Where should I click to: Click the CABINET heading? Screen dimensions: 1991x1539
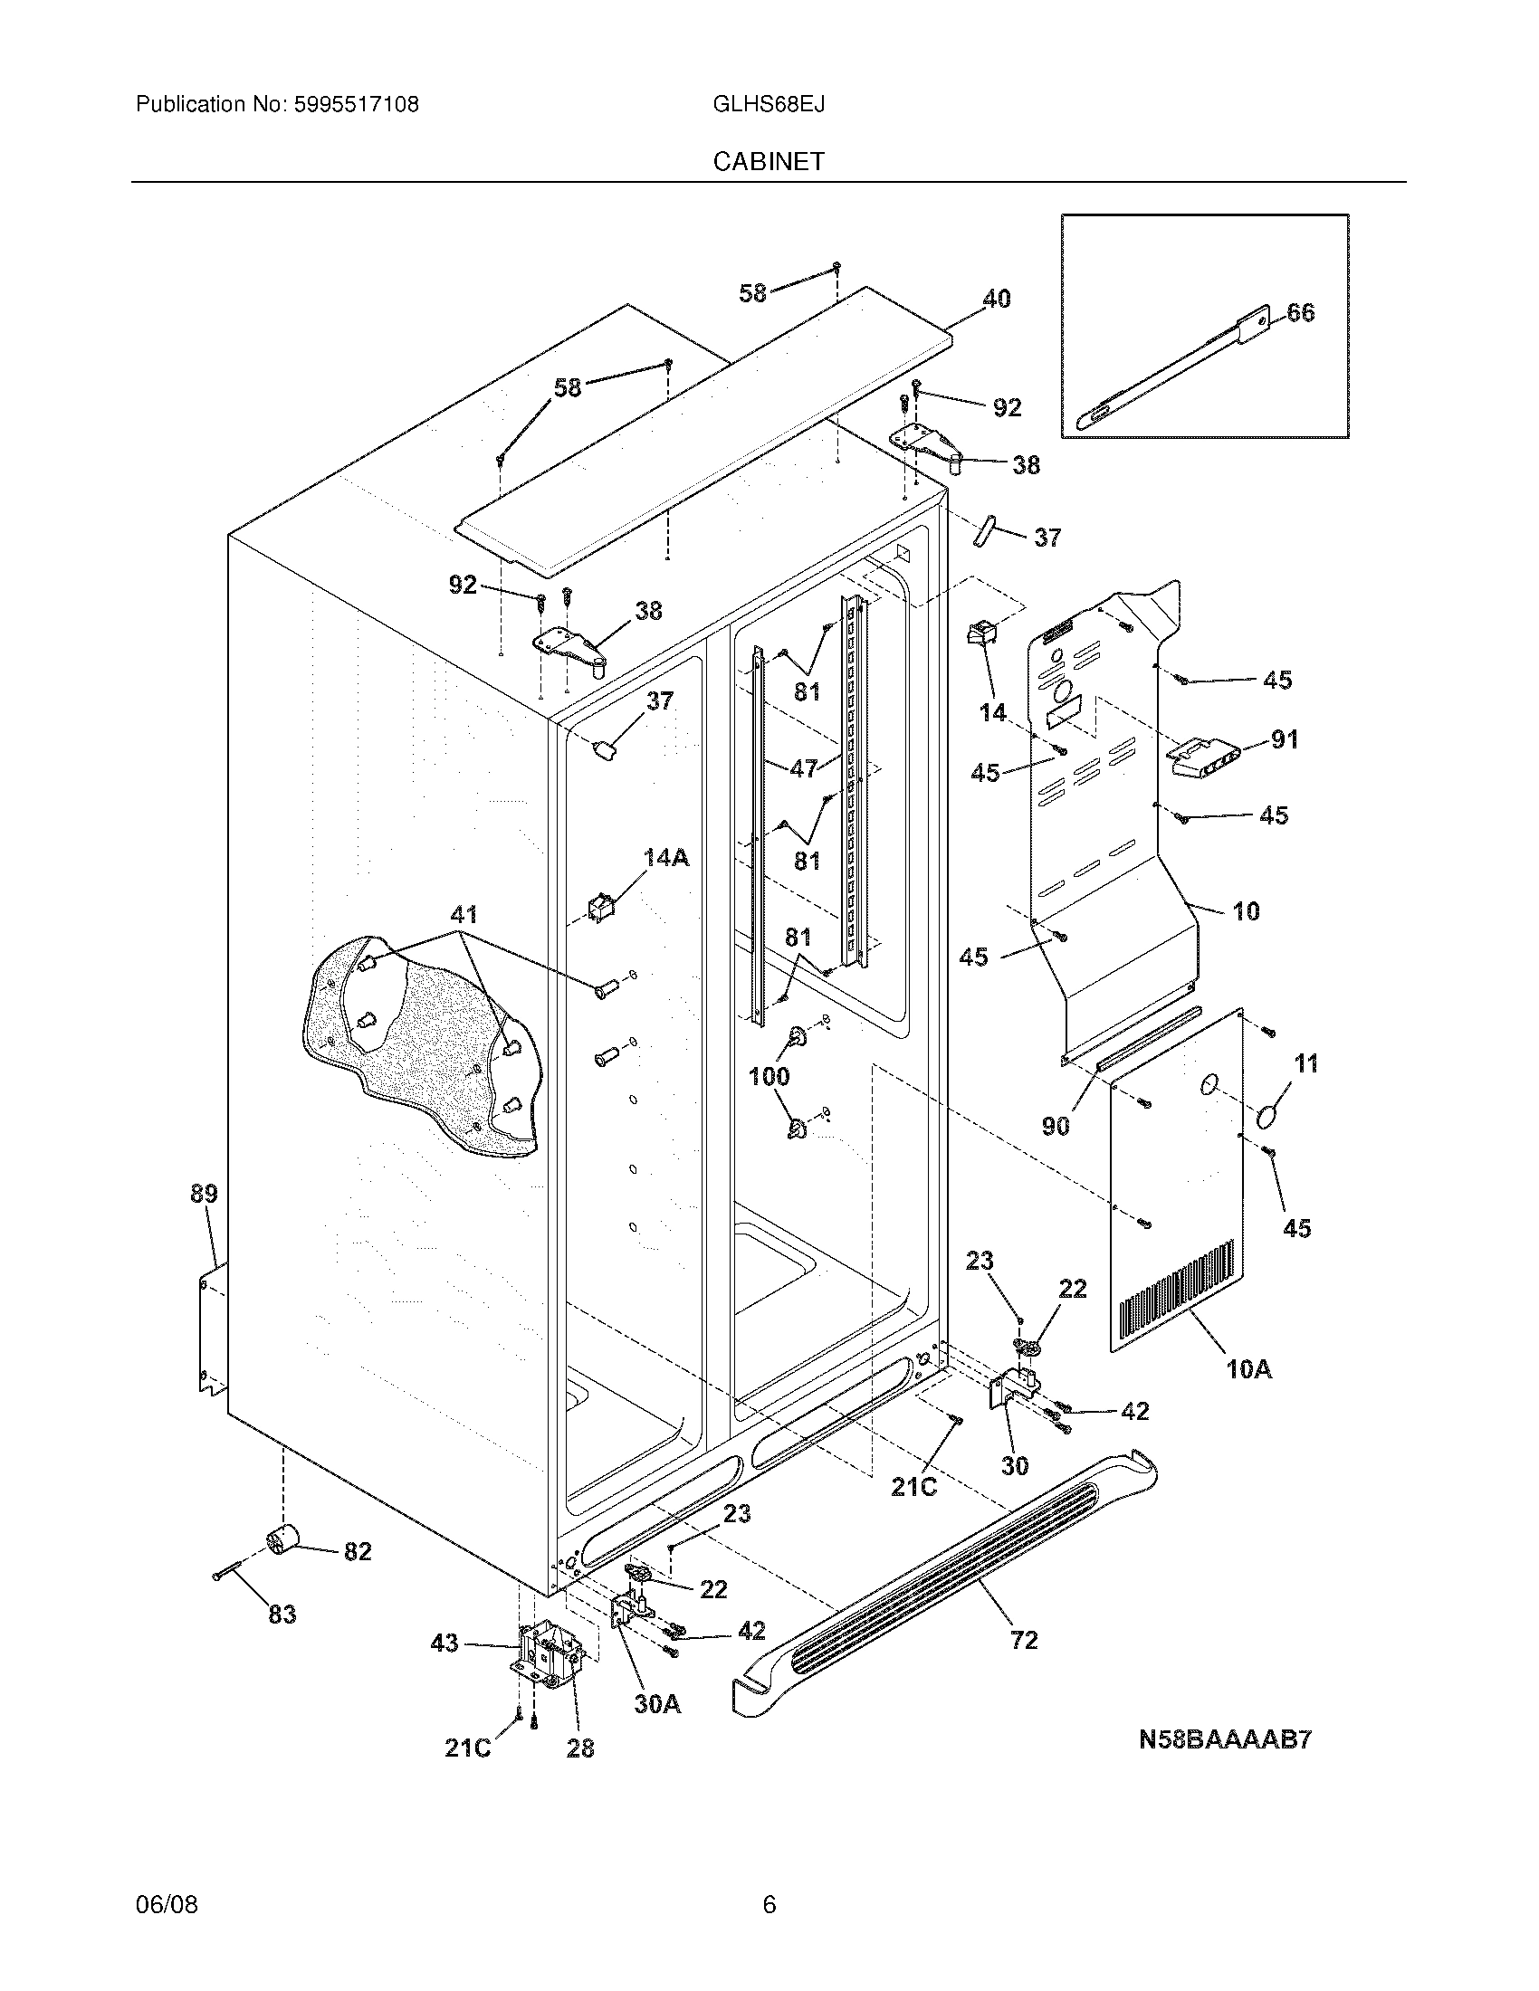point(769,161)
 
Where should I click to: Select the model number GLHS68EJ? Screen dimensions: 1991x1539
point(769,104)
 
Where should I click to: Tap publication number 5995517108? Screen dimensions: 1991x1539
point(356,104)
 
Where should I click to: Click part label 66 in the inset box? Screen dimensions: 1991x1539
point(1301,313)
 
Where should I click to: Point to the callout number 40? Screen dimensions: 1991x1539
point(996,299)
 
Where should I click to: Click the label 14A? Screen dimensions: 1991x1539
point(666,857)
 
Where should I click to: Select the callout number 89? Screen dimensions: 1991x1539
point(204,1194)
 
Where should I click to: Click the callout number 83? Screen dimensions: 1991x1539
point(282,1615)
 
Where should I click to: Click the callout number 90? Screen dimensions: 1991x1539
point(1055,1127)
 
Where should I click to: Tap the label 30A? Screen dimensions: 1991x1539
point(657,1704)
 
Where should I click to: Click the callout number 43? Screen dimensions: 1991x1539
point(444,1643)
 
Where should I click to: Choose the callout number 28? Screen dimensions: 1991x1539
point(580,1748)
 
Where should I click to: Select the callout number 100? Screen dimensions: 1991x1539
point(769,1077)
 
